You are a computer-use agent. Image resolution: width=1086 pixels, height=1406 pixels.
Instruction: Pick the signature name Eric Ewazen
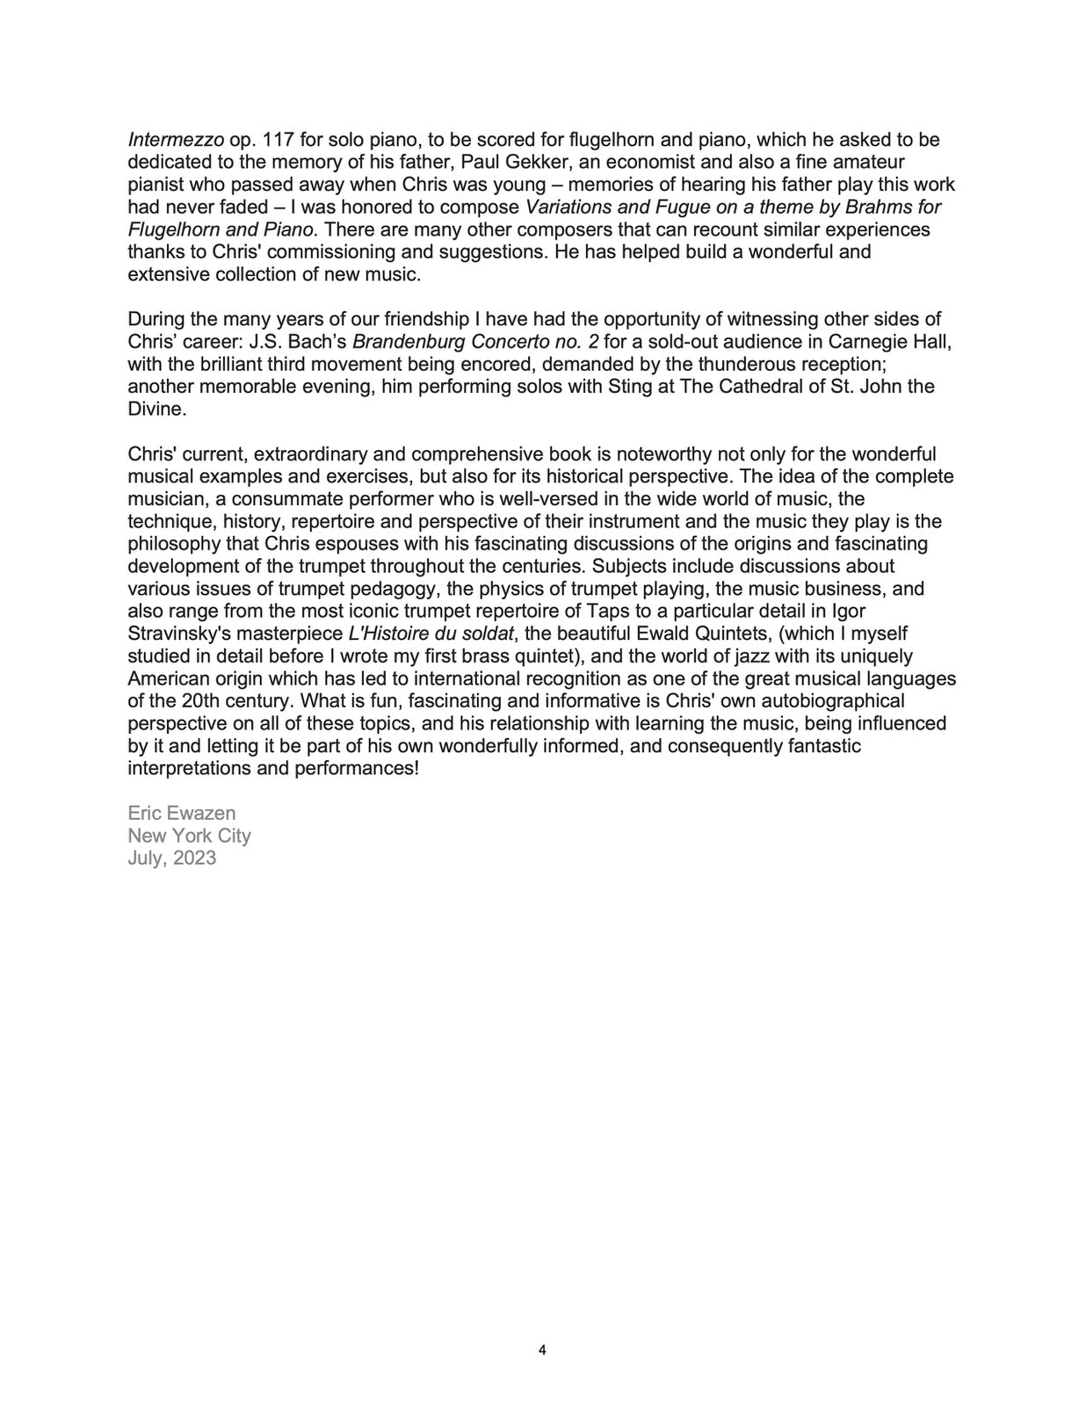pos(182,814)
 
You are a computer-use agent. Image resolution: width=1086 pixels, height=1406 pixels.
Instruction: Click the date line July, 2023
pos(171,859)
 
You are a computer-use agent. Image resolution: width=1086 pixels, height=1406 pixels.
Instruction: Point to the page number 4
pos(542,1351)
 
